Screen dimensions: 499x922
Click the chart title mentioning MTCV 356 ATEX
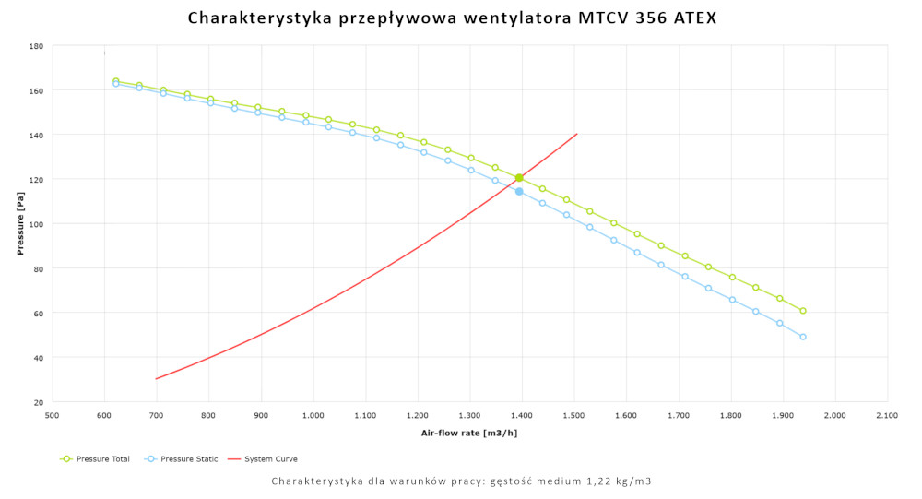(x=452, y=18)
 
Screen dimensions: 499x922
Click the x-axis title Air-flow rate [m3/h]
(x=469, y=432)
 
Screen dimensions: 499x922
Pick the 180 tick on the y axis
(x=37, y=46)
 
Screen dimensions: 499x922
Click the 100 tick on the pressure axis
(x=37, y=224)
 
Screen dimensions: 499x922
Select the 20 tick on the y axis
(x=39, y=402)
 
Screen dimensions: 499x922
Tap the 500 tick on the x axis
(x=52, y=416)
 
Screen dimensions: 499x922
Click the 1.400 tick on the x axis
(x=522, y=416)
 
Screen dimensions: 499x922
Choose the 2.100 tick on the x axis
(x=888, y=416)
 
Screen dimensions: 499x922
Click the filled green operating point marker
(x=519, y=178)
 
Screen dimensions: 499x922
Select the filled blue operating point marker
(x=519, y=192)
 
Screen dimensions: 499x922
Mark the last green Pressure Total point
(x=803, y=311)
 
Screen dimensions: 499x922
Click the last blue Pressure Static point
(x=803, y=337)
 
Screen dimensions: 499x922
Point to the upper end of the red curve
(x=576, y=134)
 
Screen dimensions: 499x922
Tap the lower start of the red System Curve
(x=157, y=378)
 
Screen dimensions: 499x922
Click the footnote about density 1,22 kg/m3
(x=462, y=481)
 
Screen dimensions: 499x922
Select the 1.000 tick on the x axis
(x=313, y=416)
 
